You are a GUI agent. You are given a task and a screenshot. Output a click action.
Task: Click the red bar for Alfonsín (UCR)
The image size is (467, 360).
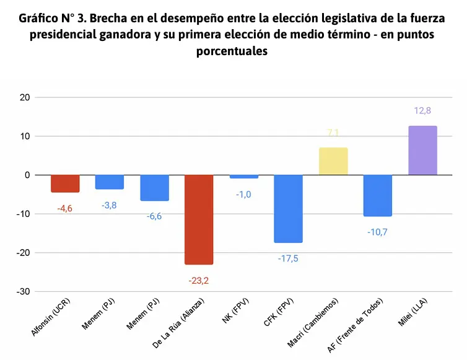(65, 183)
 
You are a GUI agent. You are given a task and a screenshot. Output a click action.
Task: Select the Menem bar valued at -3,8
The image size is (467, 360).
(110, 182)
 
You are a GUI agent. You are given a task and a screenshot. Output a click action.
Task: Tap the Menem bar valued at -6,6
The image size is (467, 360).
(154, 187)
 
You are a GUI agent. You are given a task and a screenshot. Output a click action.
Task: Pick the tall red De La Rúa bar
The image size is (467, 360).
(199, 219)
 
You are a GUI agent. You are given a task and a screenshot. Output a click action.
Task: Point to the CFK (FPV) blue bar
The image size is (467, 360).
(289, 208)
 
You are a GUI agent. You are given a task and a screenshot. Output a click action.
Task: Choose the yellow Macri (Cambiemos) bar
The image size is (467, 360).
(333, 161)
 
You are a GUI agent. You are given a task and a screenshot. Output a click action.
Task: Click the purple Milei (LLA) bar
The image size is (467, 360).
(423, 150)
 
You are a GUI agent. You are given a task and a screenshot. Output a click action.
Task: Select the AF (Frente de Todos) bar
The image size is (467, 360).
(378, 195)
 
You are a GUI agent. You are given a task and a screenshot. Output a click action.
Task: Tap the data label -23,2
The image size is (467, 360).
(199, 281)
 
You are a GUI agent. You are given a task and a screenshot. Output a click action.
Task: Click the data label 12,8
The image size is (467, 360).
(422, 111)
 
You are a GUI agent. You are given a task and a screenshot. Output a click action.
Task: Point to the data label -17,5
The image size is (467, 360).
(289, 258)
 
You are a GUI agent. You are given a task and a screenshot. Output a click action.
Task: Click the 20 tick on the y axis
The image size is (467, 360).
(25, 97)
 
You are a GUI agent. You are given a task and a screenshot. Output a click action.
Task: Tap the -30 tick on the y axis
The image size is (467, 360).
(23, 292)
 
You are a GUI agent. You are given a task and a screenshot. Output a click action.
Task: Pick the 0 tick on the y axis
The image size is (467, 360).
(27, 175)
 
